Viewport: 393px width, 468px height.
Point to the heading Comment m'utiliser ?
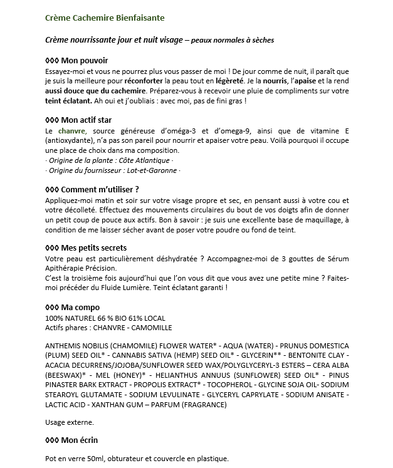[x=93, y=189]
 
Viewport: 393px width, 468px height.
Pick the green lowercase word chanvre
[x=71, y=130]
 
